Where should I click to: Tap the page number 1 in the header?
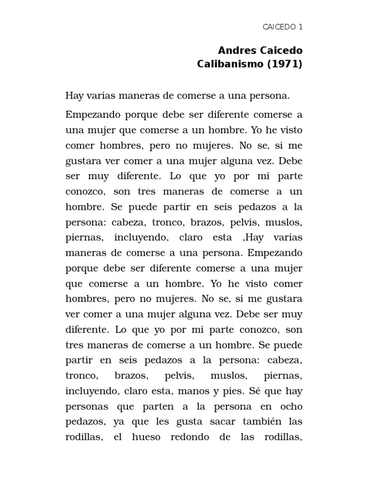point(300,27)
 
